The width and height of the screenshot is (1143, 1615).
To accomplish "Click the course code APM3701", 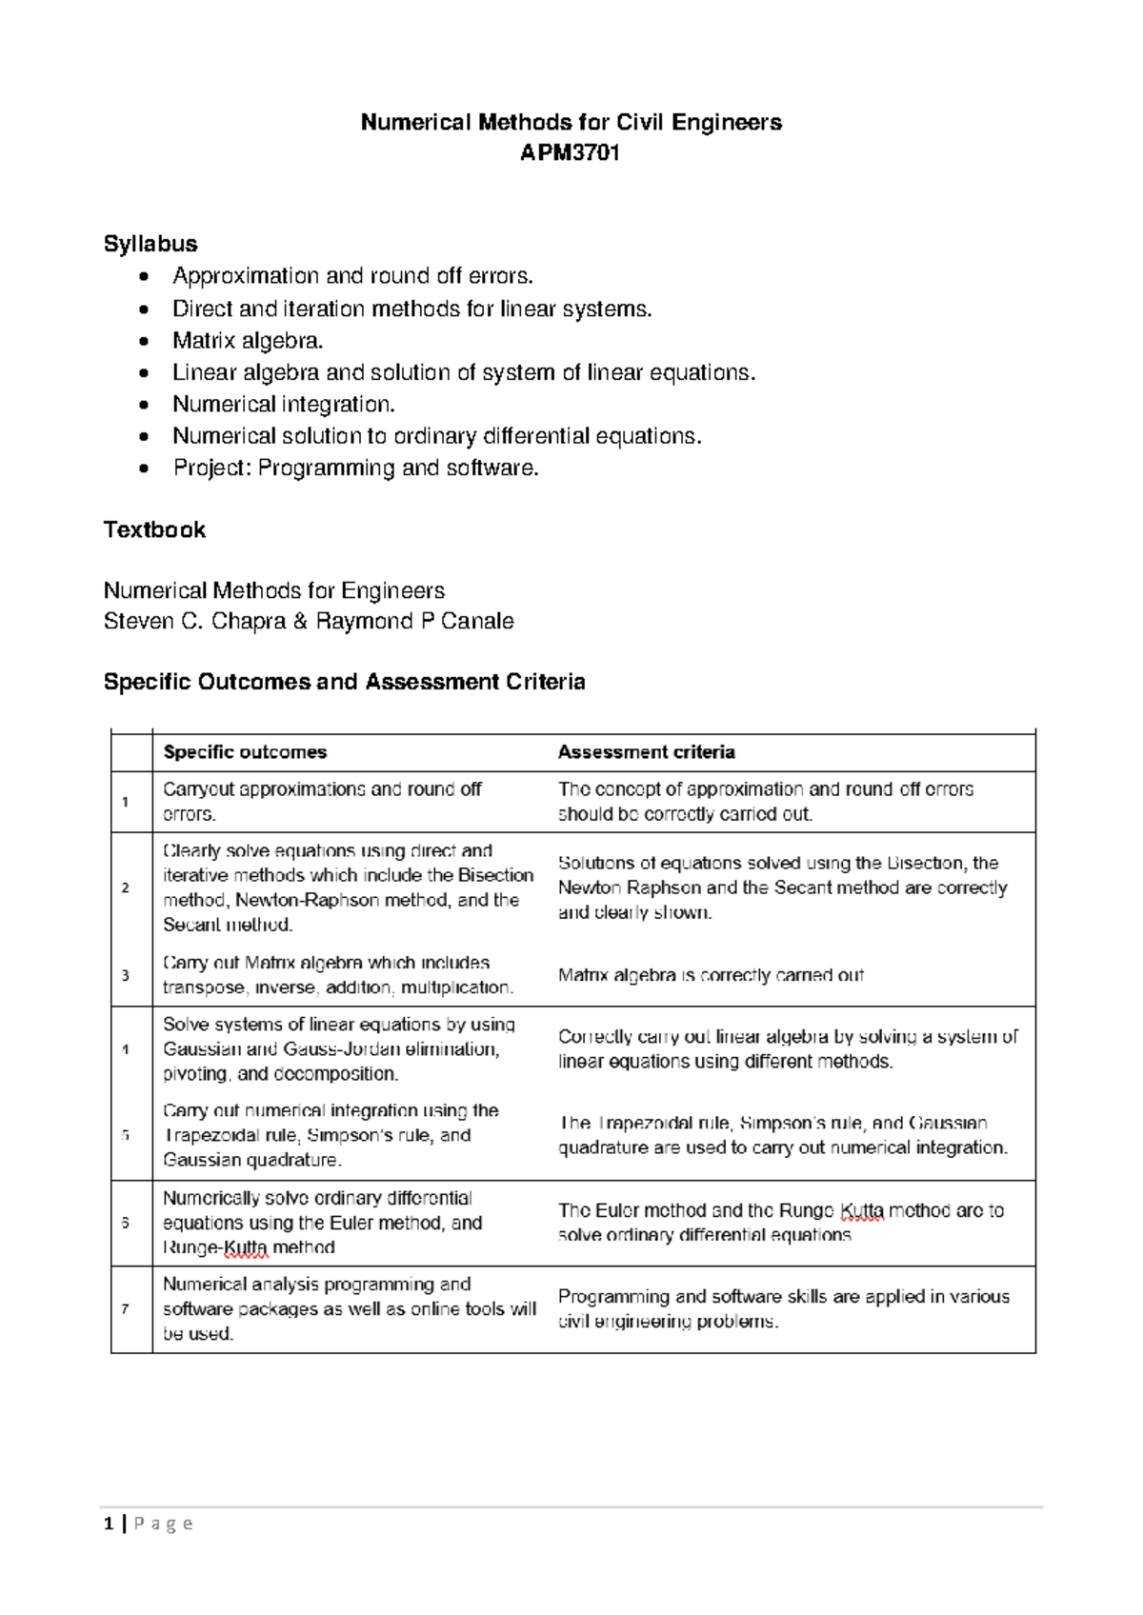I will point(570,152).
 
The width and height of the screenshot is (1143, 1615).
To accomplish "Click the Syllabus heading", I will point(150,244).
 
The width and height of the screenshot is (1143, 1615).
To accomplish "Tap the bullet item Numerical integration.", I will point(283,404).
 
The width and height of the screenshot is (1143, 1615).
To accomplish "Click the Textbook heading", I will point(154,529).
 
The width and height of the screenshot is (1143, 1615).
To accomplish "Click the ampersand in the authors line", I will point(300,621).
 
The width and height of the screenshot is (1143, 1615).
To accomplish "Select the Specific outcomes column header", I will point(245,752).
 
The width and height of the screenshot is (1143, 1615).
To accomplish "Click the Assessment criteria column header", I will point(646,752).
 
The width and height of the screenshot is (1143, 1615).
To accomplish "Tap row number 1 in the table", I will point(125,802).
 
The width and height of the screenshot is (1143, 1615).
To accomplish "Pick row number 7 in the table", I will point(125,1309).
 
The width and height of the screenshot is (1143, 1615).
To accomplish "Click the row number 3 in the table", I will point(125,975).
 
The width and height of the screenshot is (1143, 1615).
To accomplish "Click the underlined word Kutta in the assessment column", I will point(862,1210).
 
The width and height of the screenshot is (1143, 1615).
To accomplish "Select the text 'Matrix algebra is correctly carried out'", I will point(711,975).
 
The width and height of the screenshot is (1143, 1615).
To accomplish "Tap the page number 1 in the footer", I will point(109,1524).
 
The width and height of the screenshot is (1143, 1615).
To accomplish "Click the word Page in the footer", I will point(163,1524).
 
